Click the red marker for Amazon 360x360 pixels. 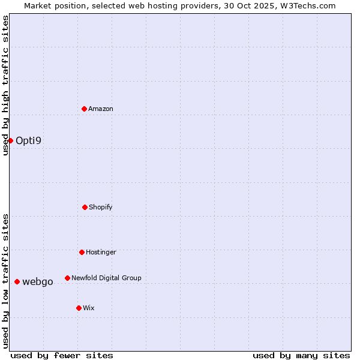click(84, 109)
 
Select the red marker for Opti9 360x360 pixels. click(10, 140)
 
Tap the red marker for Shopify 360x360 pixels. click(85, 207)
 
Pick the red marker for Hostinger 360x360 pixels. click(82, 252)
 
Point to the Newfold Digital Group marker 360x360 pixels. click(67, 278)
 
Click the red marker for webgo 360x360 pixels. click(17, 281)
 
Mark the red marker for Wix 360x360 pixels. click(79, 308)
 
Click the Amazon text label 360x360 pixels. click(101, 109)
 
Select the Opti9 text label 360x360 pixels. click(29, 141)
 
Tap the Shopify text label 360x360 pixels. click(101, 207)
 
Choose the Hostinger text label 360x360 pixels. click(101, 252)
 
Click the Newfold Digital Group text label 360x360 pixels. click(106, 278)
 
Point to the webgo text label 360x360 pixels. click(38, 282)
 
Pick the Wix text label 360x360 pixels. click(89, 308)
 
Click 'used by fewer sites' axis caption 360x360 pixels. click(62, 355)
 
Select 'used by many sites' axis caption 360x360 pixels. click(301, 355)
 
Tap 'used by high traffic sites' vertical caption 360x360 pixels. click(5, 85)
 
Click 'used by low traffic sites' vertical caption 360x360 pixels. click(5, 281)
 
